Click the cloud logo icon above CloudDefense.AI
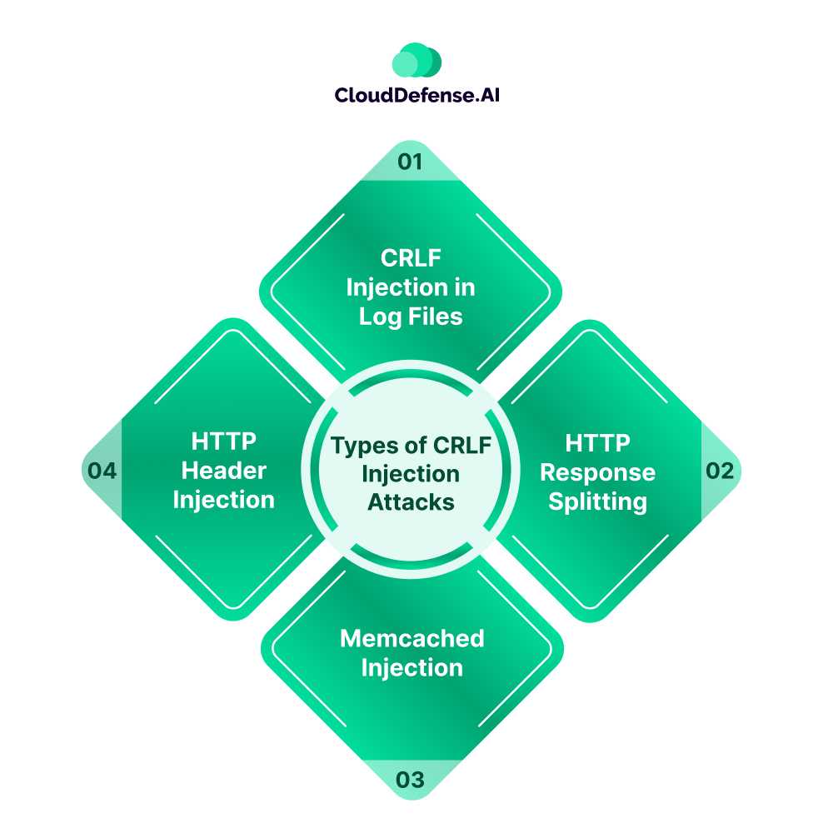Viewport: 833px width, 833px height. pyautogui.click(x=416, y=60)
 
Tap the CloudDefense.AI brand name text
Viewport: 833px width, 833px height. pyautogui.click(x=416, y=95)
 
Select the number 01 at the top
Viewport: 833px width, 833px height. pyautogui.click(x=410, y=161)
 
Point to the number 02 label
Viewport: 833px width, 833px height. pyautogui.click(x=720, y=471)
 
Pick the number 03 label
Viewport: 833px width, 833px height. pyautogui.click(x=410, y=781)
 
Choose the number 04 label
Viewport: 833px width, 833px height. pyautogui.click(x=102, y=471)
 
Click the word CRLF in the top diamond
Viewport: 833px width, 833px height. pyautogui.click(x=410, y=257)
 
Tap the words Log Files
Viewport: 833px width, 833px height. pyautogui.click(x=411, y=317)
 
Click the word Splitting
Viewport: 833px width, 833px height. pyautogui.click(x=597, y=502)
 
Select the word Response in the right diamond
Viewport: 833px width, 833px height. pyautogui.click(x=597, y=472)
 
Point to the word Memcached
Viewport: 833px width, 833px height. pyautogui.click(x=412, y=638)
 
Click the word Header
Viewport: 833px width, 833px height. pyautogui.click(x=224, y=470)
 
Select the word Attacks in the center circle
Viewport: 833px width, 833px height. pyautogui.click(x=411, y=502)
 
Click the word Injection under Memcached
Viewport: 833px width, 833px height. pyautogui.click(x=412, y=668)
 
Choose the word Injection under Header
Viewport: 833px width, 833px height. pyautogui.click(x=224, y=500)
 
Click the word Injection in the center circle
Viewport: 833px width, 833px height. pyautogui.click(x=410, y=474)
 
